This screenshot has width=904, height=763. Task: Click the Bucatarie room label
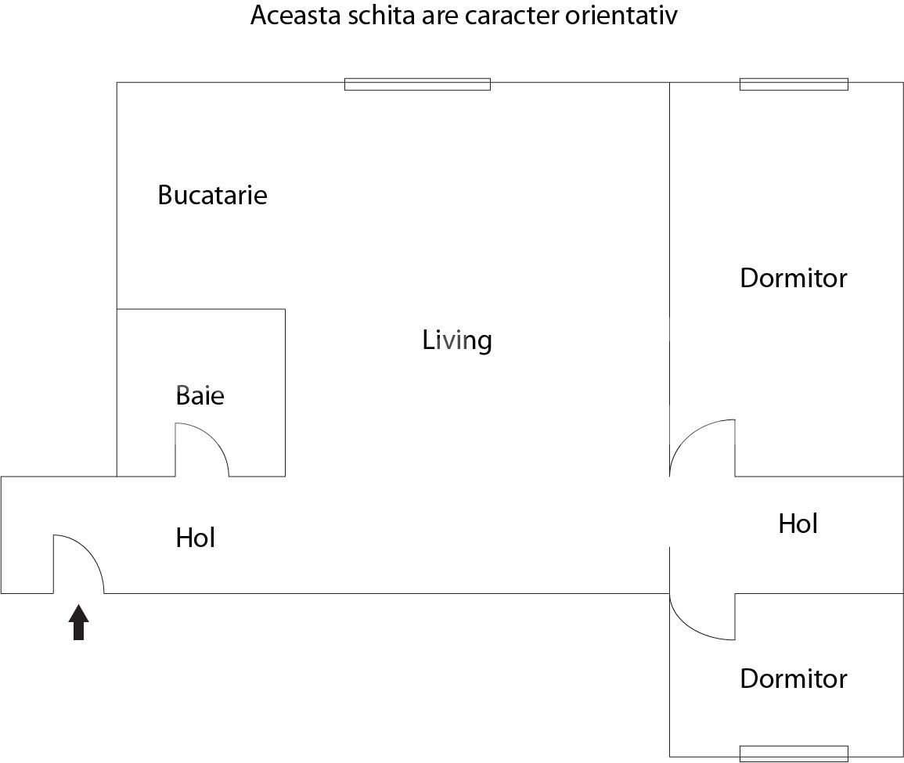pyautogui.click(x=212, y=195)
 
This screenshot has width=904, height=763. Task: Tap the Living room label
pyautogui.click(x=457, y=340)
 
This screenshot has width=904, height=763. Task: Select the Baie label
pyautogui.click(x=200, y=396)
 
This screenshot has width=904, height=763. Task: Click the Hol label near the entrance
pyautogui.click(x=195, y=538)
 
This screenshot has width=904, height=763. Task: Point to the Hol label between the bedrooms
pyautogui.click(x=798, y=524)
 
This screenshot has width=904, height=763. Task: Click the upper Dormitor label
pyautogui.click(x=793, y=279)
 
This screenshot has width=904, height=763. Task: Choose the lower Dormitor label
pyautogui.click(x=793, y=678)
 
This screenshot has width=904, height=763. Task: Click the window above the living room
pyautogui.click(x=417, y=84)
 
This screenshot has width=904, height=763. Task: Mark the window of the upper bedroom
pyautogui.click(x=794, y=84)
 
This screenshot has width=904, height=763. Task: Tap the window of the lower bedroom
pyautogui.click(x=794, y=754)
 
